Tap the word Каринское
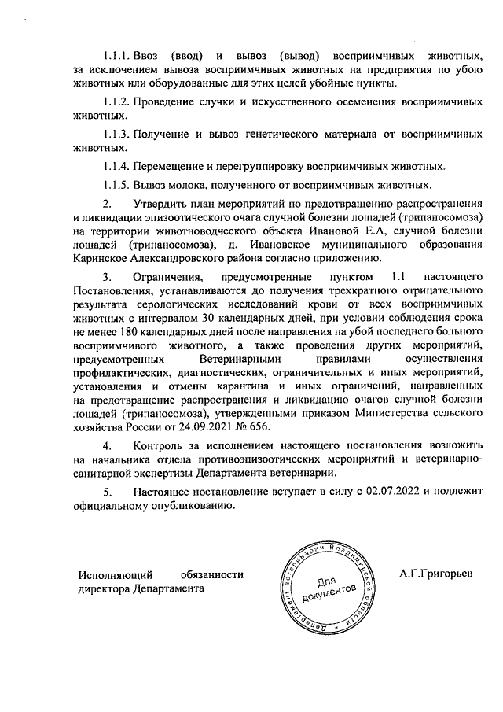click(99, 258)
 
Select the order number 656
click(259, 428)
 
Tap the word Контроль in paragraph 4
click(158, 447)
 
